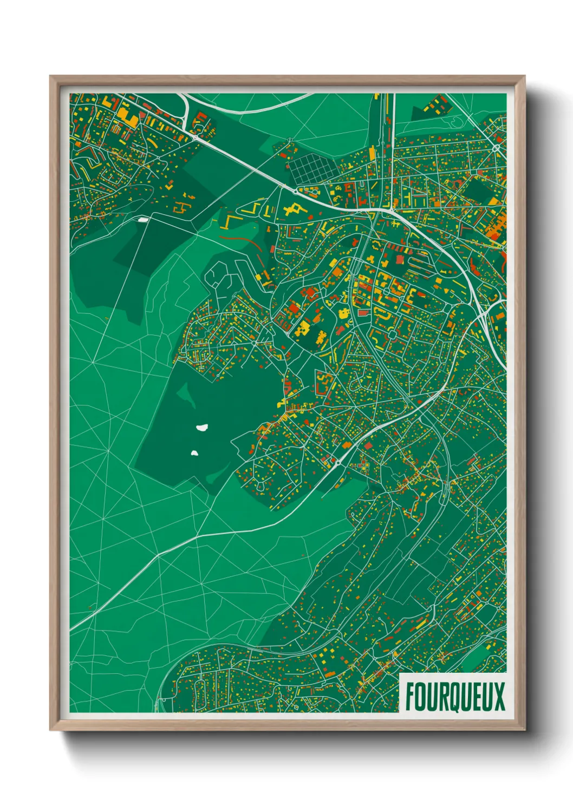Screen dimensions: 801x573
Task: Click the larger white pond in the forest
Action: pyautogui.click(x=203, y=428)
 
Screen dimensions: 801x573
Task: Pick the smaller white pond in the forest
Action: pyautogui.click(x=194, y=452)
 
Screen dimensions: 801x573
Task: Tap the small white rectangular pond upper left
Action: pyautogui.click(x=143, y=220)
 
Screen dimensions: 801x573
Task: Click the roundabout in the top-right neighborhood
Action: pyautogui.click(x=496, y=147)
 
